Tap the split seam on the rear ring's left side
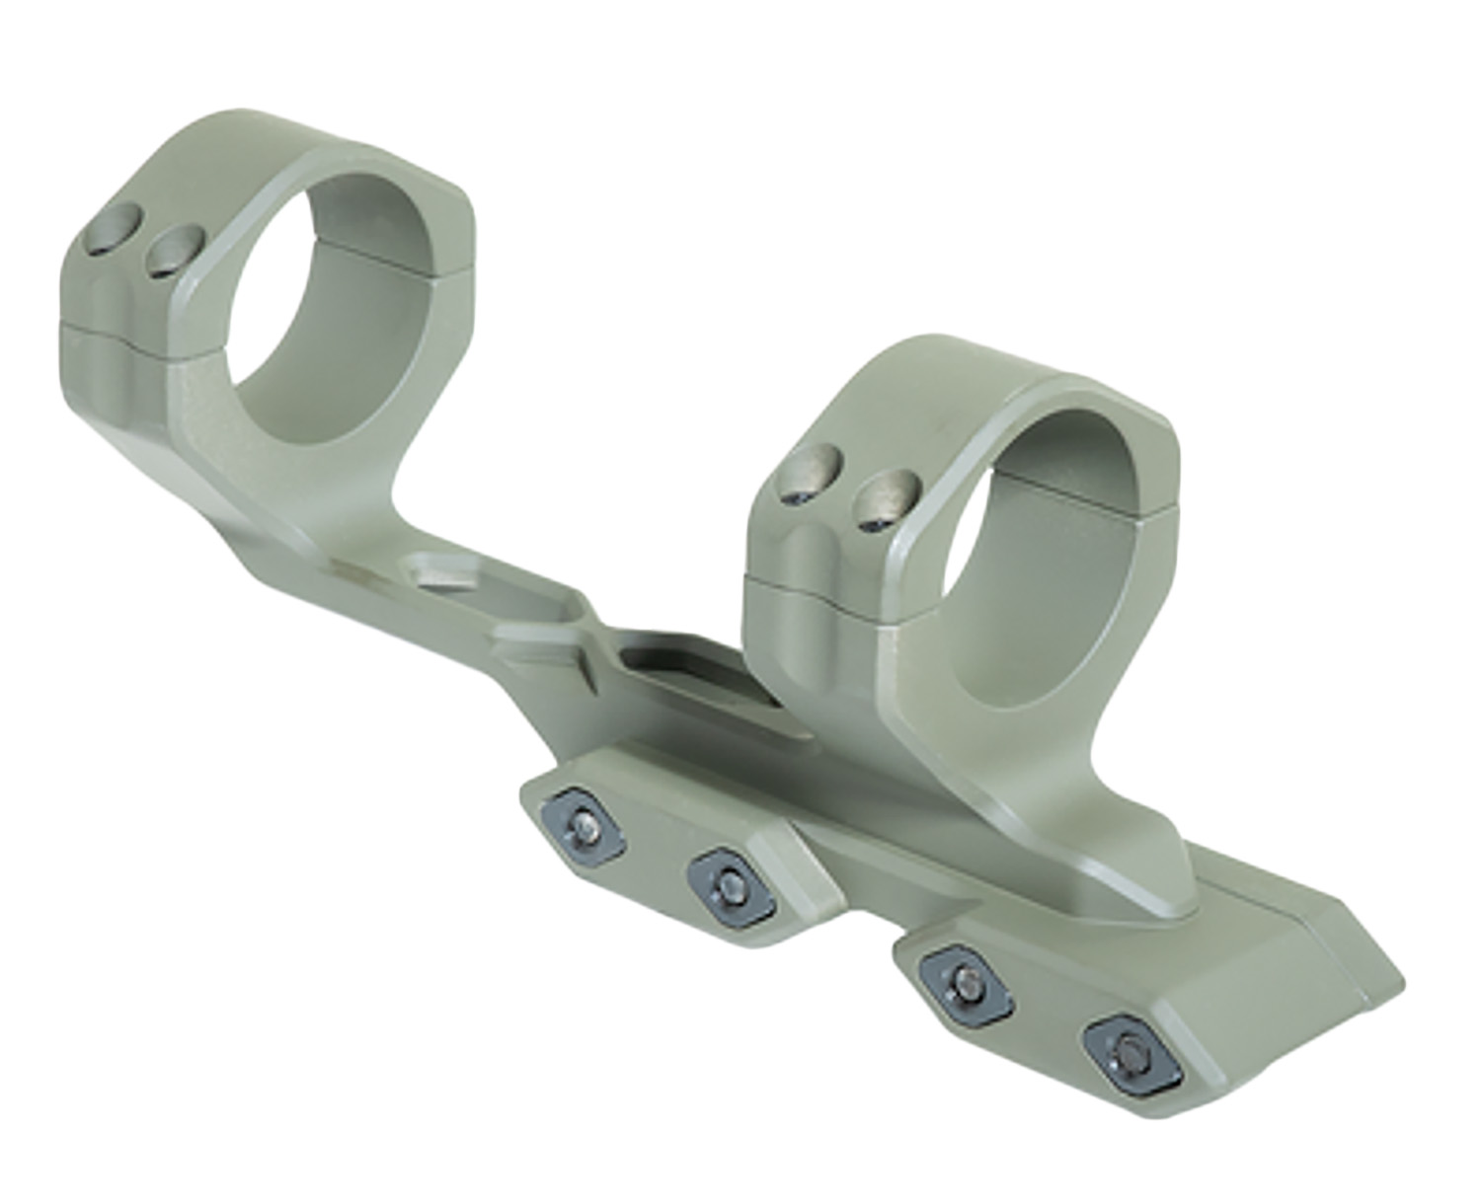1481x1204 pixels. pyautogui.click(x=109, y=330)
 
